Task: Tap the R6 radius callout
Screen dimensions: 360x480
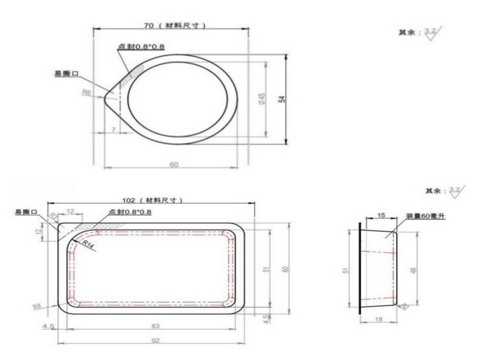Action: point(86,93)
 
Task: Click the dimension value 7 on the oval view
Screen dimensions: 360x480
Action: point(113,130)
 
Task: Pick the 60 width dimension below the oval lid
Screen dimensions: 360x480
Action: point(174,165)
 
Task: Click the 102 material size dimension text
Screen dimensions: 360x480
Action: point(153,200)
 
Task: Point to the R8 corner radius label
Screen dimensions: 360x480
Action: point(37,306)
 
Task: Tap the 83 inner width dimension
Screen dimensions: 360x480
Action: point(155,326)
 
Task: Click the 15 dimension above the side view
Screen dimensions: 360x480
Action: point(381,216)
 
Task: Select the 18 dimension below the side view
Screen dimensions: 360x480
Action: point(380,319)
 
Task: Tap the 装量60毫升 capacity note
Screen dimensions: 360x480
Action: point(426,216)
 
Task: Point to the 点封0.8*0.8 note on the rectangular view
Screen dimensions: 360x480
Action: point(130,212)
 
